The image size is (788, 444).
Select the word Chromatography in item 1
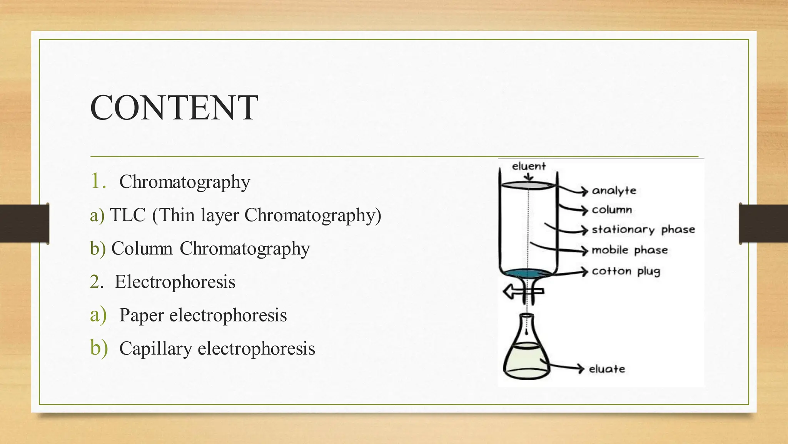click(185, 182)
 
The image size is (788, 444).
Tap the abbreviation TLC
click(128, 215)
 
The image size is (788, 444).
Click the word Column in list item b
click(142, 248)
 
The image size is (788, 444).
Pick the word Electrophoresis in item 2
click(175, 282)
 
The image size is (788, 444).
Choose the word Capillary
click(155, 348)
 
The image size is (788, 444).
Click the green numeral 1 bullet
click(96, 181)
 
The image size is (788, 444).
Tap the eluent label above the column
click(529, 166)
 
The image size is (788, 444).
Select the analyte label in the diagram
click(614, 190)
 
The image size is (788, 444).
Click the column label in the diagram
click(612, 210)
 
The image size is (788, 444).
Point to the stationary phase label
click(643, 230)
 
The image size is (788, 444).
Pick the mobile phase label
click(629, 250)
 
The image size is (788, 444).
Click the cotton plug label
click(626, 271)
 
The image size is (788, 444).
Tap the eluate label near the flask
click(607, 369)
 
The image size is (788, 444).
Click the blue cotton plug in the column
click(527, 274)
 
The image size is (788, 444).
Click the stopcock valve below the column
click(523, 292)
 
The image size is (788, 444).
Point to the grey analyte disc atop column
click(528, 185)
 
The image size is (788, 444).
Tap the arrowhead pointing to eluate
click(581, 368)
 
